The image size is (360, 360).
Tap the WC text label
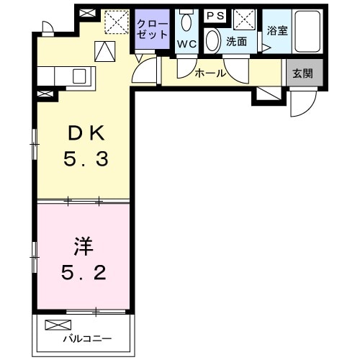click(186, 42)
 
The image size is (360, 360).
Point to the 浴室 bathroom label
click(276, 31)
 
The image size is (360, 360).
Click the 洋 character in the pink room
click(82, 246)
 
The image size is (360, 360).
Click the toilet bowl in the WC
click(186, 22)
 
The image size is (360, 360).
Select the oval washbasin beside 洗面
click(213, 41)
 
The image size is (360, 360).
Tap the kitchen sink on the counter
click(79, 75)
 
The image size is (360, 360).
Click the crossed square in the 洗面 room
click(243, 19)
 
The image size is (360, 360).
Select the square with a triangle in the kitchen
click(104, 51)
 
